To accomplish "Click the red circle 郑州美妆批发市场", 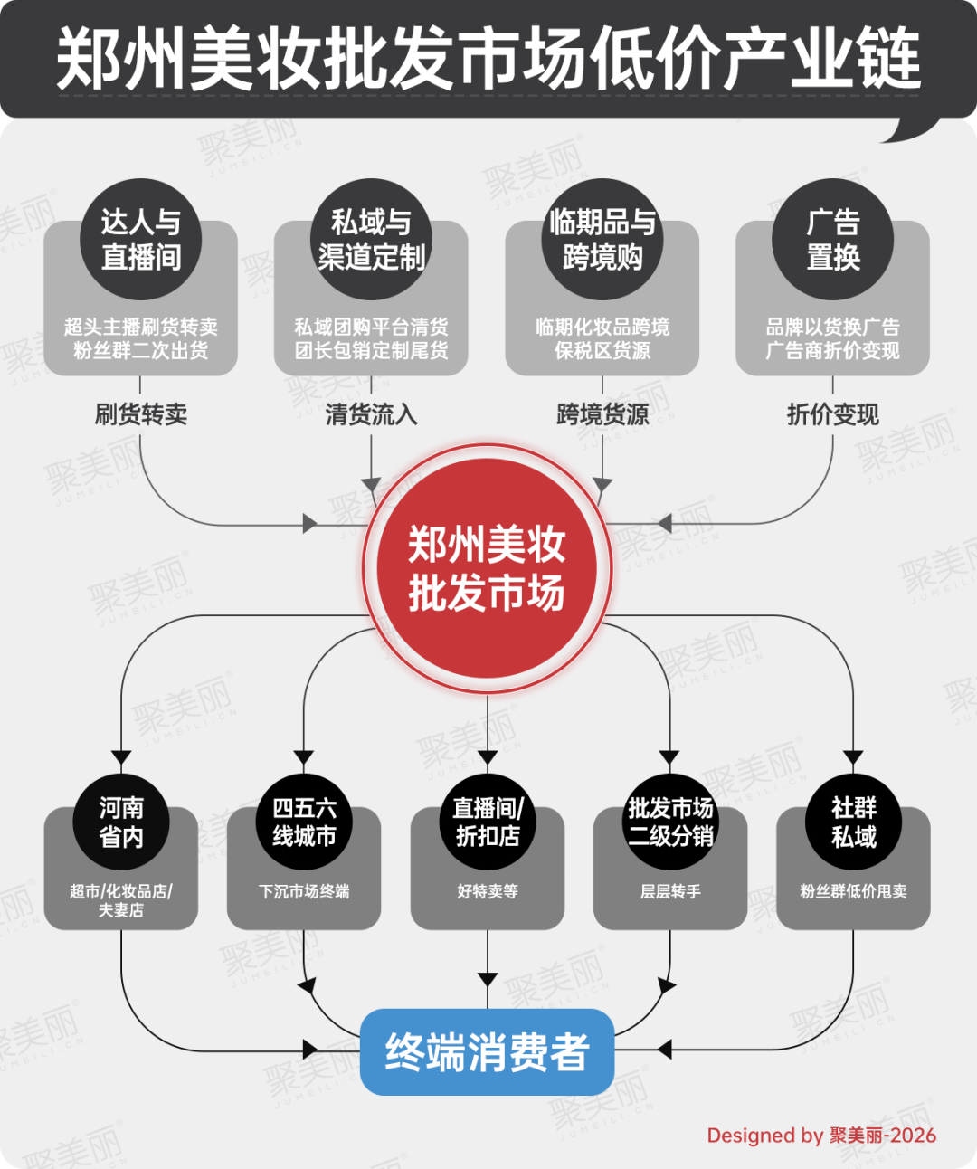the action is click(487, 569).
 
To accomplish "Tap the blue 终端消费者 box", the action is click(487, 1052).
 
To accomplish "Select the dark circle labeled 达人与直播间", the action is click(140, 239).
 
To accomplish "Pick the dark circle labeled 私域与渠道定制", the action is click(371, 239).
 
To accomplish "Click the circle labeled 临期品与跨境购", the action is click(602, 239).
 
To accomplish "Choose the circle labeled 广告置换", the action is click(832, 239).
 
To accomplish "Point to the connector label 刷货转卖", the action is click(140, 414).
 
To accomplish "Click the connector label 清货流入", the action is click(371, 414).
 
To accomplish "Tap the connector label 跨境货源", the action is click(602, 414).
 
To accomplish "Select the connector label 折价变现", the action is click(832, 414).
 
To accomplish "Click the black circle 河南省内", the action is click(121, 822).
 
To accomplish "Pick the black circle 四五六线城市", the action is click(304, 822).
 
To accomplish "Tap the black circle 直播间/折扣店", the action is click(488, 822).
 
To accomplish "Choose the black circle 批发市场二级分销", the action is click(670, 822).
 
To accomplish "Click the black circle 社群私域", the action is click(853, 822).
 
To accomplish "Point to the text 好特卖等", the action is click(488, 890).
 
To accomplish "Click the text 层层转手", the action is click(670, 890).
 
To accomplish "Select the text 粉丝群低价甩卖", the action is click(853, 890).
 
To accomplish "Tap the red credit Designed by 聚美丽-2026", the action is click(821, 1136).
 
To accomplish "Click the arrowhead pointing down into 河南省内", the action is click(121, 757).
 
